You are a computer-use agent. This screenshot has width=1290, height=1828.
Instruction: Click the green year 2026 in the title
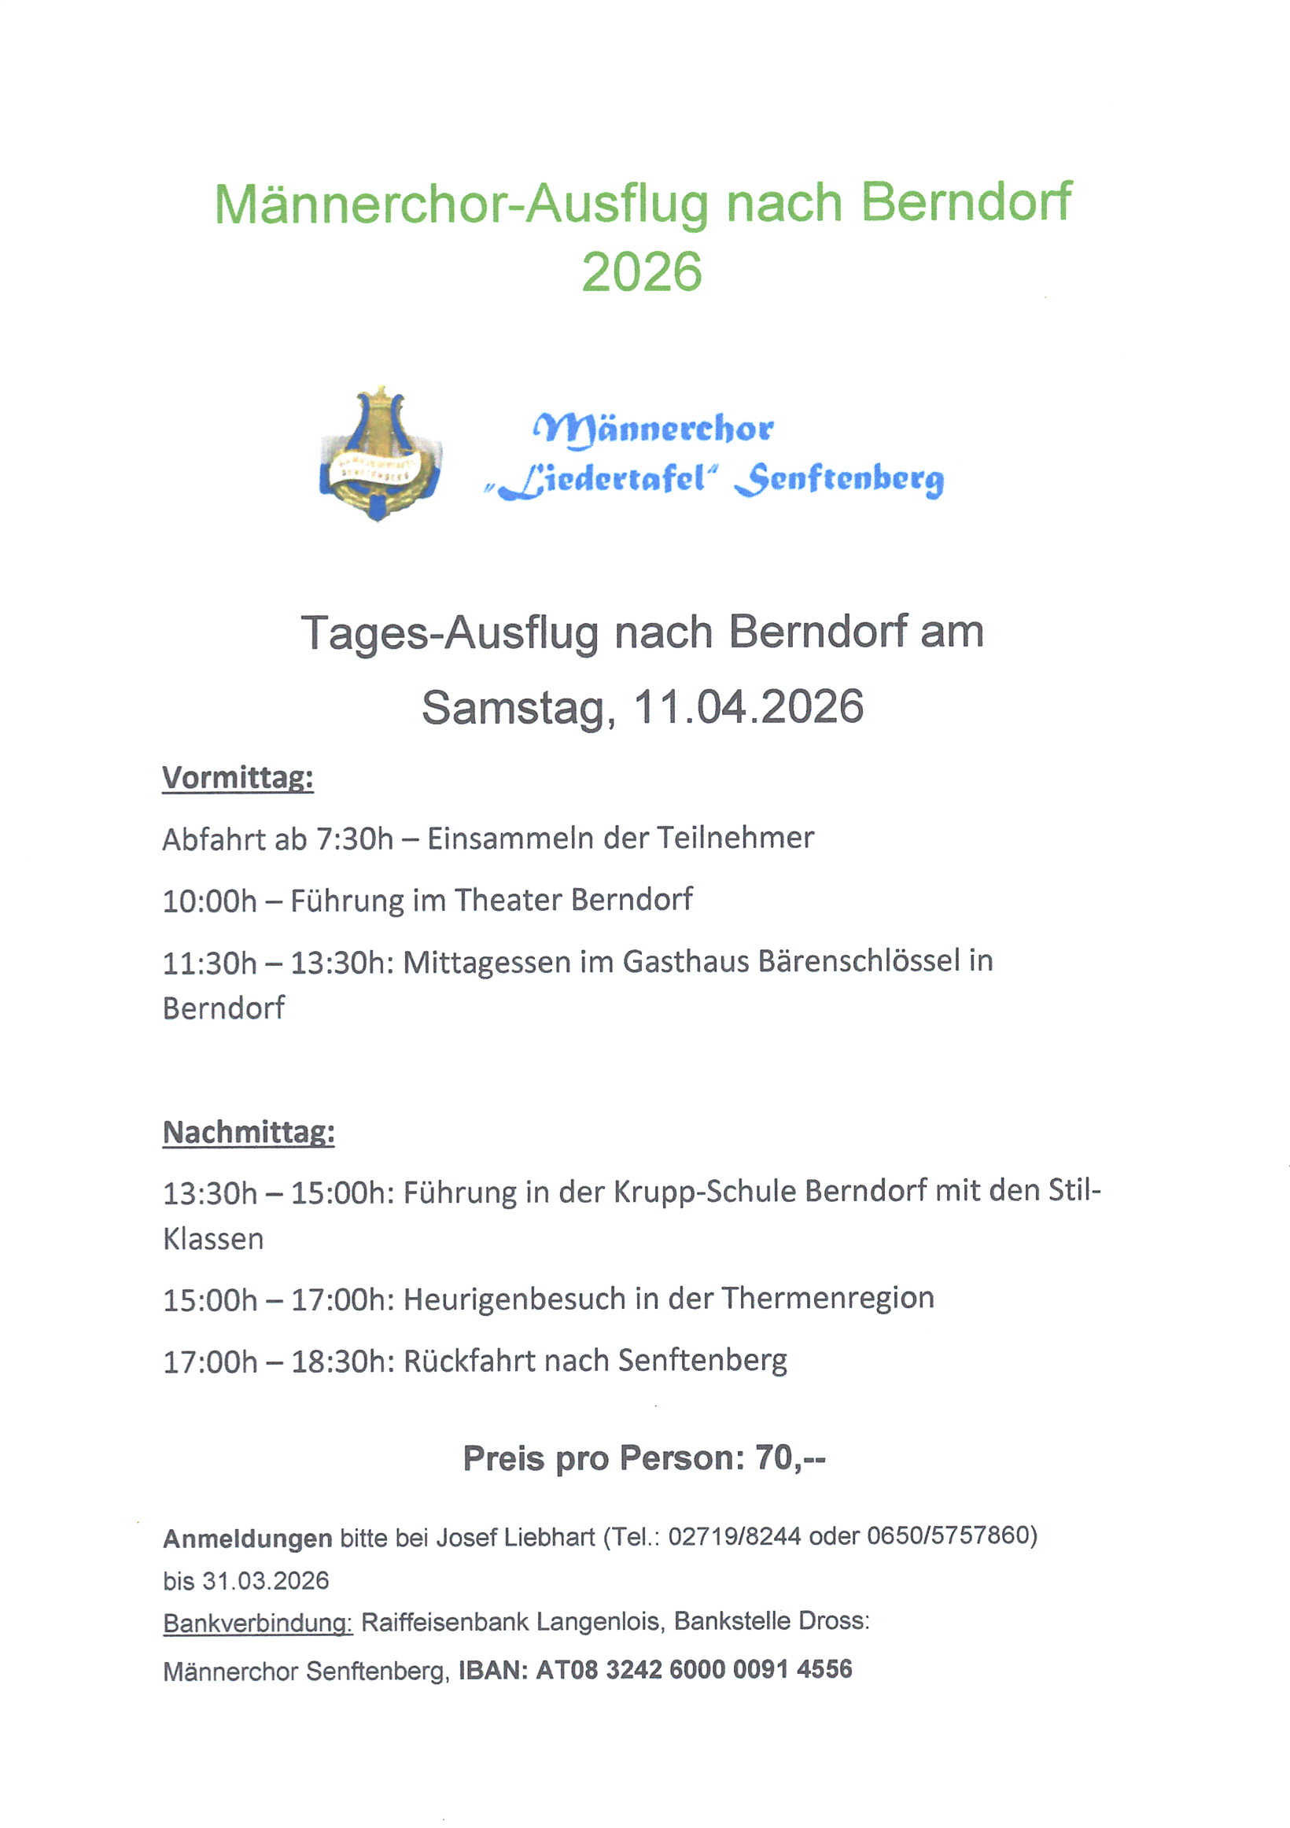(x=642, y=271)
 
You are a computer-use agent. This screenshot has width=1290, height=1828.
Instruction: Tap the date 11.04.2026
(x=748, y=707)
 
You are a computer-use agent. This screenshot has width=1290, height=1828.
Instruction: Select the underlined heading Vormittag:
(x=238, y=777)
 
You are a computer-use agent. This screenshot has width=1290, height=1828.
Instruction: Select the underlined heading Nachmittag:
(x=249, y=1132)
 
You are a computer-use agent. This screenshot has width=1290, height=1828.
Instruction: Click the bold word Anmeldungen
(x=248, y=1539)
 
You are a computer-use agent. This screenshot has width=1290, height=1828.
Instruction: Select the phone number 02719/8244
(x=733, y=1537)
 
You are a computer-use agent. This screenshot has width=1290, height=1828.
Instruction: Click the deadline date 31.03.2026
(x=265, y=1580)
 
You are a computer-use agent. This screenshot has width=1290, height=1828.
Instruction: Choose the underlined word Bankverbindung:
(x=257, y=1623)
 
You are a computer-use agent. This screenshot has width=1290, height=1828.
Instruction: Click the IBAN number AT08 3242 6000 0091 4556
(x=694, y=1669)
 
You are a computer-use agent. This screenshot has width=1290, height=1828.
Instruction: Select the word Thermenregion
(x=827, y=1298)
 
